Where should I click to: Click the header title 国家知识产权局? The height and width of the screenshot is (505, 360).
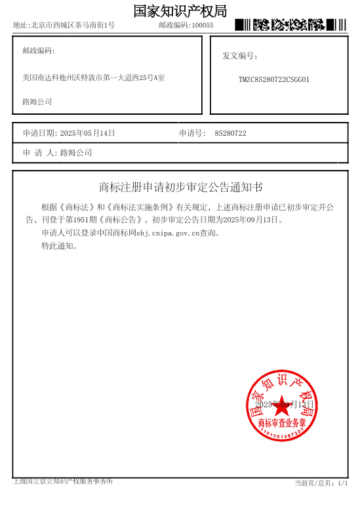click(x=180, y=11)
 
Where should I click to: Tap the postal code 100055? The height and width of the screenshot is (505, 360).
click(x=203, y=26)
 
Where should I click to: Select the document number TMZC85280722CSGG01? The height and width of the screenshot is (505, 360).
click(x=273, y=79)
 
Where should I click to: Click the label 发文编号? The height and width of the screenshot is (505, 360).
click(x=239, y=56)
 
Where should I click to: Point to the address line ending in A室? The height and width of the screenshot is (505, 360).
click(x=94, y=78)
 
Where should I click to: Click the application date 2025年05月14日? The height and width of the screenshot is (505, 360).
click(x=87, y=133)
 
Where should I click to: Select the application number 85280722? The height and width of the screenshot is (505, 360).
click(x=230, y=134)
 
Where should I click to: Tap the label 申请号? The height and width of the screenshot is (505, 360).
click(x=192, y=133)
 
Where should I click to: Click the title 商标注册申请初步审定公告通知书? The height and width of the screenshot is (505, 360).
click(x=180, y=188)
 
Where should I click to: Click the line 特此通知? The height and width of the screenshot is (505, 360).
click(x=60, y=246)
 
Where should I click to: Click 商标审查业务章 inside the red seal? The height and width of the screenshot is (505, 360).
click(x=282, y=422)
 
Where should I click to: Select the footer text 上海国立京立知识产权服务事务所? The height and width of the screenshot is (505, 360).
click(x=63, y=481)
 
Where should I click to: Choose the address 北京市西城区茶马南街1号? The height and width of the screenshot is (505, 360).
click(x=73, y=26)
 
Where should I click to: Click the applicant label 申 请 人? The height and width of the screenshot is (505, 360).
click(x=40, y=153)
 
